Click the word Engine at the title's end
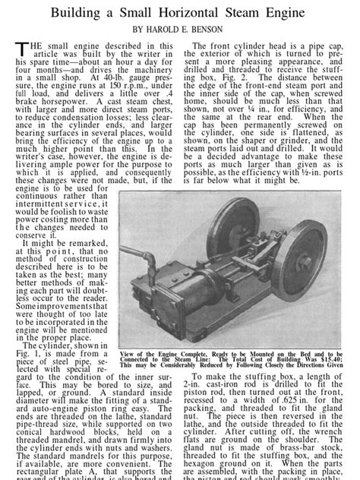tap(304, 14)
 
